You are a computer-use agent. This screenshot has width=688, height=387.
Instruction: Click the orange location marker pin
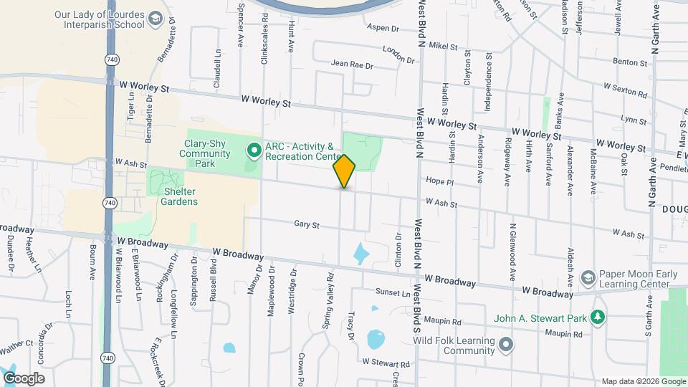tap(344, 171)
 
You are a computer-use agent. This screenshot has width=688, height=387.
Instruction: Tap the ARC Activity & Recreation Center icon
tap(253, 150)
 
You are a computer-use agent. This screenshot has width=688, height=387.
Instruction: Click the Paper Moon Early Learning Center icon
tap(588, 278)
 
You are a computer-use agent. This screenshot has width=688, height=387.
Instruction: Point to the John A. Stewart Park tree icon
tap(597, 317)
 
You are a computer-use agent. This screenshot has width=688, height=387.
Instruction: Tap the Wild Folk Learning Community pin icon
tap(507, 345)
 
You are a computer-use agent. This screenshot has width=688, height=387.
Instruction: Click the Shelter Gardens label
tap(171, 196)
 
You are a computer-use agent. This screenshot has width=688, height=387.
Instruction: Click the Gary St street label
tap(306, 224)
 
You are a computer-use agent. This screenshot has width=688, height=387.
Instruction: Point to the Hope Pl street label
tap(440, 181)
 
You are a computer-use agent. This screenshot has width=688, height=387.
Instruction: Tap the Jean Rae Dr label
tap(352, 64)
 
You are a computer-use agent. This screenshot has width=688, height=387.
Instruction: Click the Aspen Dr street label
tap(382, 28)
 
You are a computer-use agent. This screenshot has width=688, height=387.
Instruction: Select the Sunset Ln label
tap(393, 292)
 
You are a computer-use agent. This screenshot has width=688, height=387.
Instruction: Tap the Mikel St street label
tap(443, 46)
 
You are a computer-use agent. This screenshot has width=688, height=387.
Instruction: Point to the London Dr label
tap(399, 54)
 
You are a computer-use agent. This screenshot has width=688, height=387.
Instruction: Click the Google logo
tap(24, 378)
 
